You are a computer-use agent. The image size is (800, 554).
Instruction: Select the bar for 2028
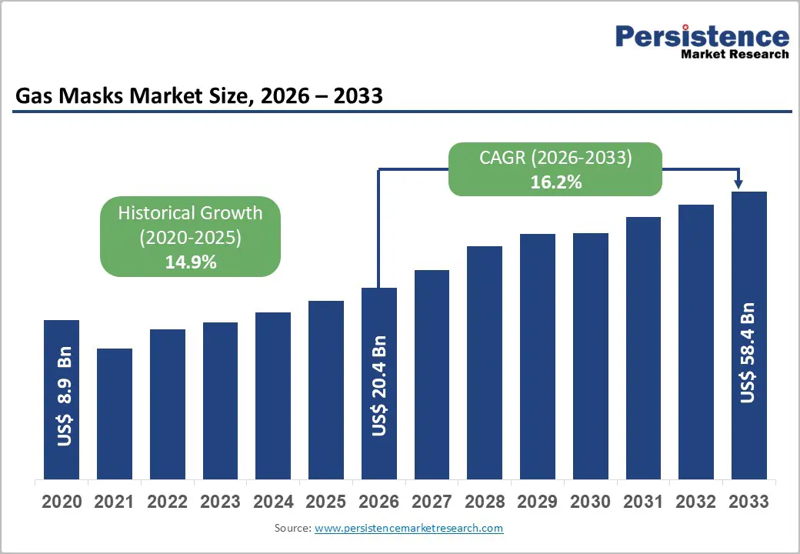[x=485, y=362]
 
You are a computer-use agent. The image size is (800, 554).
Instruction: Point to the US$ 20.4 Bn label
[x=379, y=385]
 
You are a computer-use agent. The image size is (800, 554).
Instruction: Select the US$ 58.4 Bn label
[x=748, y=353]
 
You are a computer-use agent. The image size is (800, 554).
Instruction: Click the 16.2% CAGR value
[x=555, y=182]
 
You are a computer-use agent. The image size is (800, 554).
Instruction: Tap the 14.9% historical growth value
[x=190, y=262]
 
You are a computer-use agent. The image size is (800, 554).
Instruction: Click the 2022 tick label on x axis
[x=167, y=502]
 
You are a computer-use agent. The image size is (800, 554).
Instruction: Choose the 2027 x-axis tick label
[x=432, y=502]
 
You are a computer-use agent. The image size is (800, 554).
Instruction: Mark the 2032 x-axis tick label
[x=696, y=502]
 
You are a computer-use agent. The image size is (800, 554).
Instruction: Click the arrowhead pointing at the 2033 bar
[x=738, y=183]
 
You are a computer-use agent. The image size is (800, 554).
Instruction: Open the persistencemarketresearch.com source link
[x=408, y=529]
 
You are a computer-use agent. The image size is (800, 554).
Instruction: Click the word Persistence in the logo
[x=702, y=36]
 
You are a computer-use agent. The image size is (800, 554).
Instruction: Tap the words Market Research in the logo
[x=735, y=55]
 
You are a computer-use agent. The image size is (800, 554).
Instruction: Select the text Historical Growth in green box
[x=190, y=213]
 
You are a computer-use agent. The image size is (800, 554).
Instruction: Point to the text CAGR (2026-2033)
[x=555, y=158]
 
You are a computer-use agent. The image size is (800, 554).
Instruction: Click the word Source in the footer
[x=291, y=529]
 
